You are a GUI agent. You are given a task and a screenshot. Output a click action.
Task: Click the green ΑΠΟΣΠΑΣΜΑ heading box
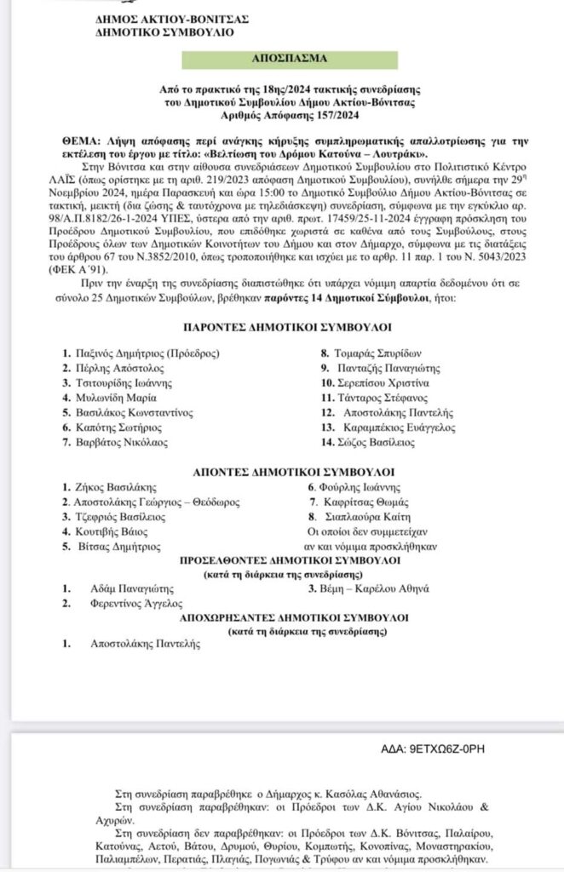coord(280,62)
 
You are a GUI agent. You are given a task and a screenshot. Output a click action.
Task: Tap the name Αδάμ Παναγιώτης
coord(132,588)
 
